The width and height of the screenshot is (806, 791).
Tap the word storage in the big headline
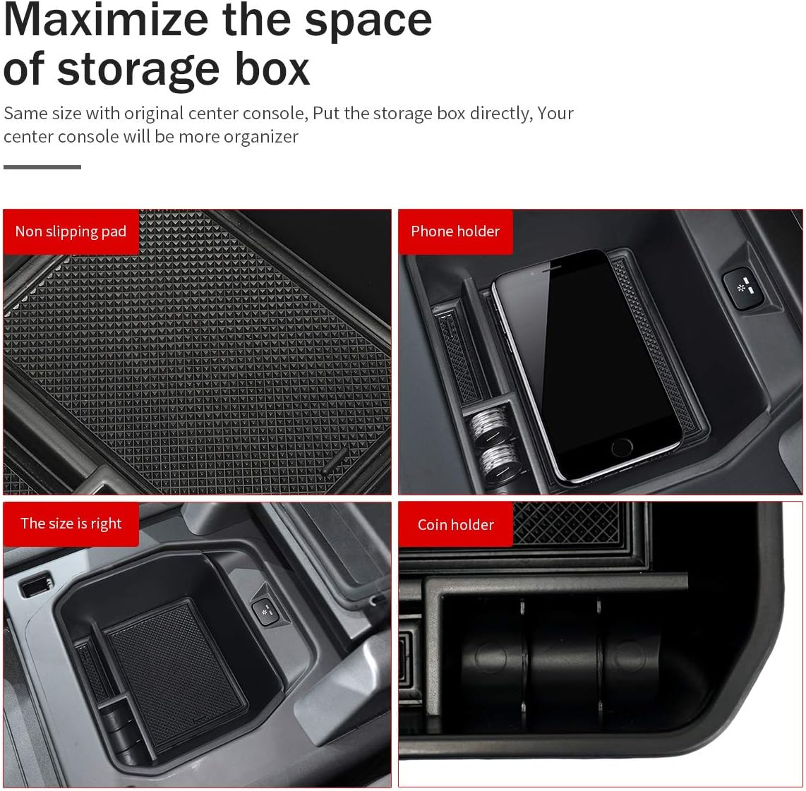(x=140, y=69)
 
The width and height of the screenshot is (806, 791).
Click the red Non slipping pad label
(x=71, y=231)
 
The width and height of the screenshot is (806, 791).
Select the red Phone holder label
(x=455, y=231)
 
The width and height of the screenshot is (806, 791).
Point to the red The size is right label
(x=71, y=524)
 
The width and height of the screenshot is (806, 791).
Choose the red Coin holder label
(x=455, y=524)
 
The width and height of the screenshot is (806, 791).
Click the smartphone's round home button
(x=622, y=446)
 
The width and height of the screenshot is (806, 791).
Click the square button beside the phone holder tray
(x=741, y=288)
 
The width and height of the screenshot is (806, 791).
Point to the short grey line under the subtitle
(x=42, y=167)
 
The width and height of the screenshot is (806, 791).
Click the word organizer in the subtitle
(x=261, y=136)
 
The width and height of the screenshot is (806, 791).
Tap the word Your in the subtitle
(x=555, y=113)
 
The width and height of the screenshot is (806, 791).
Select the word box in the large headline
(x=272, y=69)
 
